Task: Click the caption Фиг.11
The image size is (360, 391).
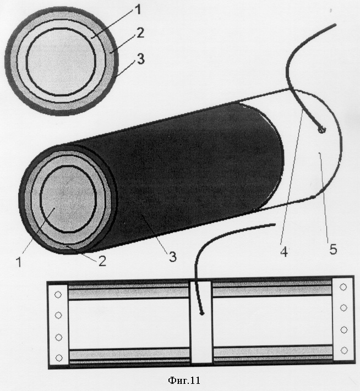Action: point(184,381)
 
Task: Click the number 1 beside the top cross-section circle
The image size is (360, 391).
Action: point(138,9)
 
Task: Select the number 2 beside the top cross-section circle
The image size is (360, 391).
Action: point(140,33)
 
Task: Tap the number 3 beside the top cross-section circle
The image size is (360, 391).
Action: point(141,59)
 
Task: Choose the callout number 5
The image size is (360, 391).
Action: point(333,249)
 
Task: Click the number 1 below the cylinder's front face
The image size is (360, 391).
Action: point(19,262)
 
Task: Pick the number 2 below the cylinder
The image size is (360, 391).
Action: point(102,261)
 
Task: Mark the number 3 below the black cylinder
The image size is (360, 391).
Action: point(173,257)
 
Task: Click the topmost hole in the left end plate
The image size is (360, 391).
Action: point(58,295)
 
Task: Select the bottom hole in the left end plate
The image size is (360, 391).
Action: point(59,358)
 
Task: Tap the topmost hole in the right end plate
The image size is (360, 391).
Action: point(343,287)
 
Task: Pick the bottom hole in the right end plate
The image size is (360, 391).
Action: point(344,350)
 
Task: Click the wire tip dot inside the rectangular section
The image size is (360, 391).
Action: point(201,313)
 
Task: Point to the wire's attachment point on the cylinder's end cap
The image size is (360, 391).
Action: point(321,130)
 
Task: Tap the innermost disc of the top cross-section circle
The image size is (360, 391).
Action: point(61,62)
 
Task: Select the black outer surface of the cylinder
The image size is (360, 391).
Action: point(195,174)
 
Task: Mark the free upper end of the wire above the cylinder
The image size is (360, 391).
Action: point(335,25)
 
